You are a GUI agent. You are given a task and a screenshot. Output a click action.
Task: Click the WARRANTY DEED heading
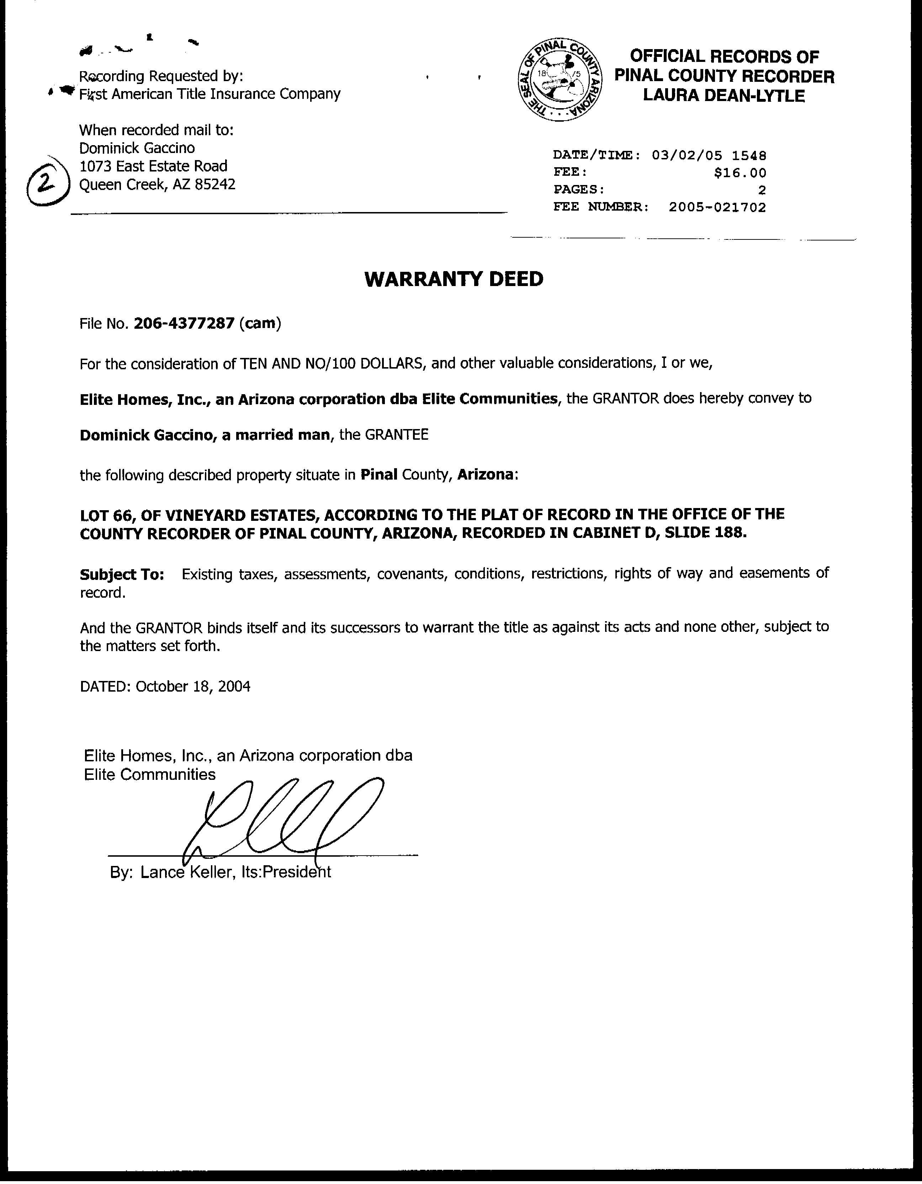click(x=454, y=279)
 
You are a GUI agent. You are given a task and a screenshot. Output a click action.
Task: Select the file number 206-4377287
click(x=184, y=324)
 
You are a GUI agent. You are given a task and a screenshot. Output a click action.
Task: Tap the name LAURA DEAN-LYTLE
click(x=724, y=96)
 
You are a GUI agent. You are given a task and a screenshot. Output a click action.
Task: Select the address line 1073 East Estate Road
click(x=153, y=166)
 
